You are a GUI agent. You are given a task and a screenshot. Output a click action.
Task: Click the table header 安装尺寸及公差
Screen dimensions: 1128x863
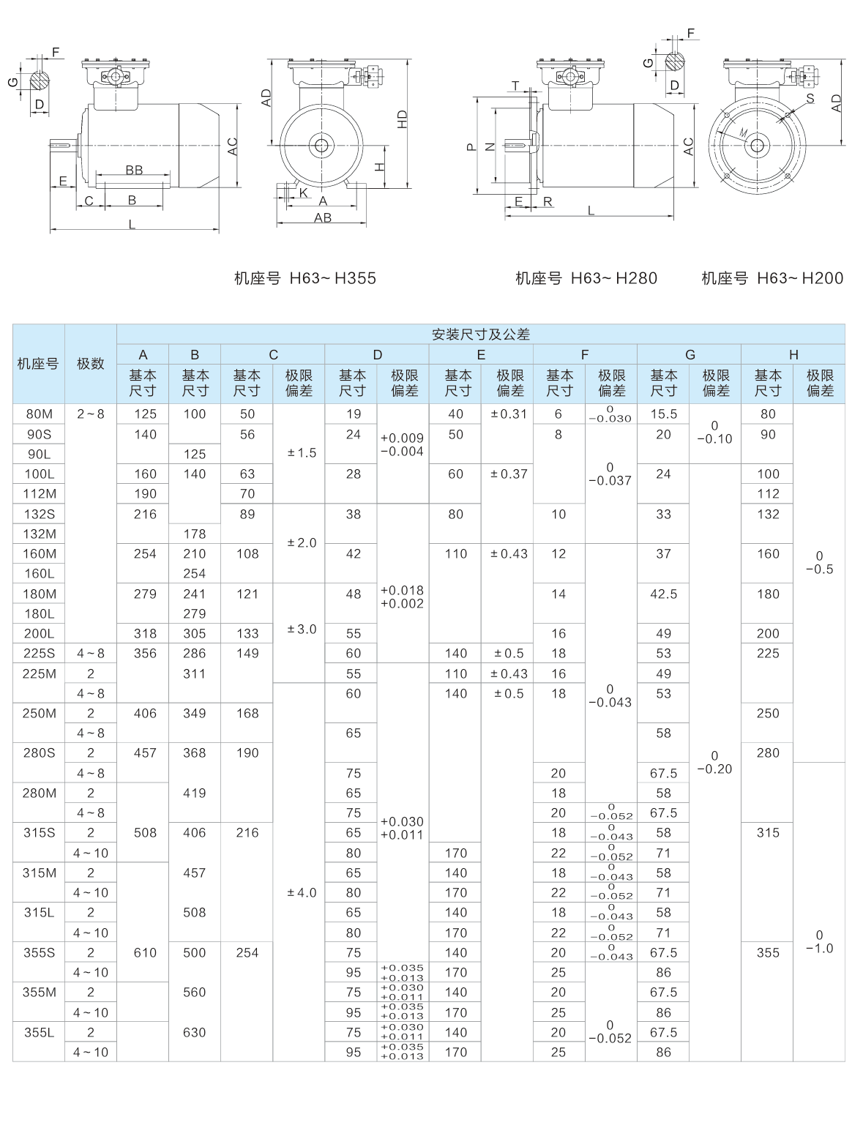480,335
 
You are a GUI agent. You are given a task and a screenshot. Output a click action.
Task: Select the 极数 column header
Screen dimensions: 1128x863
91,364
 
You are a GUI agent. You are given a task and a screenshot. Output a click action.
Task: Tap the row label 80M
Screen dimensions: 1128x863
39,414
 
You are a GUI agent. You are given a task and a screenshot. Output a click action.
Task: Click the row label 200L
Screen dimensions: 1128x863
39,634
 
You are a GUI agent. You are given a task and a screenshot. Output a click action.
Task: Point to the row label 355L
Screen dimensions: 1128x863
39,1033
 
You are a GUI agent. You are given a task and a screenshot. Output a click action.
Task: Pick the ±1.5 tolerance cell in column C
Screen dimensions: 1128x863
302,453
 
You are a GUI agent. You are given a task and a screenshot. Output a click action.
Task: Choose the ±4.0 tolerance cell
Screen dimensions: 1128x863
302,893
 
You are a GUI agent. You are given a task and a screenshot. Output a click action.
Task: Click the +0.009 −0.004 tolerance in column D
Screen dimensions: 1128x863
402,445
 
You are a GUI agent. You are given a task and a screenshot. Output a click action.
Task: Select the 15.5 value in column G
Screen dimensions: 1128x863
663,414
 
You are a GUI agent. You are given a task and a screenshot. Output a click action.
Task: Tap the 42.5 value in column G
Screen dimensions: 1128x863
663,594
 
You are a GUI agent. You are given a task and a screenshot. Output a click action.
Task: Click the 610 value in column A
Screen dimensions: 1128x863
145,953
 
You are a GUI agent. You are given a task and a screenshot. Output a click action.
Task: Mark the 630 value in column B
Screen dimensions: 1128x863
194,1033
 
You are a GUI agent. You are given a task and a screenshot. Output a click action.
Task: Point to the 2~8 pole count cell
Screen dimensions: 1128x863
91,414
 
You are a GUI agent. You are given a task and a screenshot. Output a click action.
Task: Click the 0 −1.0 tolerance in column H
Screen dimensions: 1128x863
819,942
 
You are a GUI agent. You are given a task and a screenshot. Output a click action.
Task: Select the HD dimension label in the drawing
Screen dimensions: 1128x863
402,120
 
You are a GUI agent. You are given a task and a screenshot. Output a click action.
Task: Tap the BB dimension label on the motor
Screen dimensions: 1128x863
134,171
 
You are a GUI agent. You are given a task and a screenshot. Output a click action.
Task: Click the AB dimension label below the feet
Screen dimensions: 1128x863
323,218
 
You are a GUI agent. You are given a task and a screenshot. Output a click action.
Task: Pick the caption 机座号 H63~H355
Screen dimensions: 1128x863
305,279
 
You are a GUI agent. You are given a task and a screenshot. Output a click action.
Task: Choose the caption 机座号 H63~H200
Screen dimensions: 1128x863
772,279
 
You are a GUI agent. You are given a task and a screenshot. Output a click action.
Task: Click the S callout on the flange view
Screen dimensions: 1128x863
810,98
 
